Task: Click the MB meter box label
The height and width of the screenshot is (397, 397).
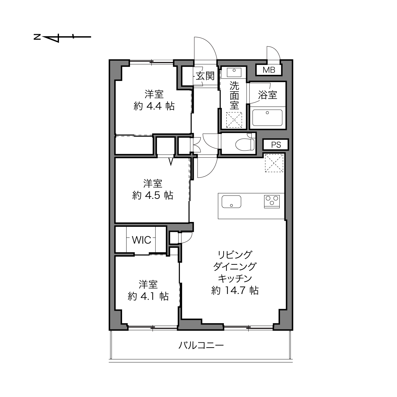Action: point(269,70)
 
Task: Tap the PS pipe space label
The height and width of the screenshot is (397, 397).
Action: point(276,145)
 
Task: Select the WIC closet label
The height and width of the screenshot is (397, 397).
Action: point(141,240)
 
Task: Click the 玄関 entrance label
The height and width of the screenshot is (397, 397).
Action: point(205,76)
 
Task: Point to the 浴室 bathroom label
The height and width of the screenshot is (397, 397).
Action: point(267,95)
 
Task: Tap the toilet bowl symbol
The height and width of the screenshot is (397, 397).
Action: point(245,144)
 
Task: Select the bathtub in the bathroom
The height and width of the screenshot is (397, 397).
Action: point(267,117)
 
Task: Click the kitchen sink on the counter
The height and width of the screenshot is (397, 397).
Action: point(231,201)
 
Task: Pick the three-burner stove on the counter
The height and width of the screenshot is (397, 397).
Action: point(272,201)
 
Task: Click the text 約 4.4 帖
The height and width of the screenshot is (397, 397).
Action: point(154,106)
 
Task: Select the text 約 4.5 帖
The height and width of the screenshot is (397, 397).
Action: point(153,195)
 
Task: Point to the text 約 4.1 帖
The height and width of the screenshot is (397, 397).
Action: point(148,296)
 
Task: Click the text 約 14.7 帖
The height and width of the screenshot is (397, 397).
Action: point(235,290)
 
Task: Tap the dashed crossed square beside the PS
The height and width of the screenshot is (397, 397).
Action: point(274,163)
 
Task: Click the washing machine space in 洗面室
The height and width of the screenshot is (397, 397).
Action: point(234,120)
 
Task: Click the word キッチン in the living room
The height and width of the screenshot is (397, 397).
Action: point(235,278)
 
